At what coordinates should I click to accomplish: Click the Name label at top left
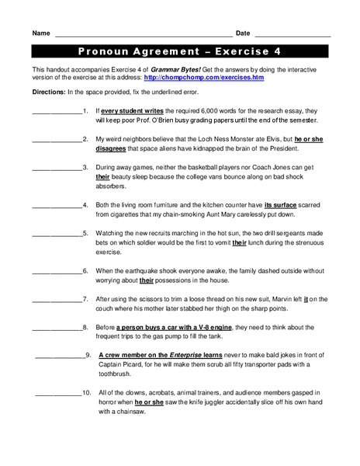[41, 33]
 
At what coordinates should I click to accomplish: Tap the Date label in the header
[243, 33]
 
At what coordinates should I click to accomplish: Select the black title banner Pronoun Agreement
[180, 53]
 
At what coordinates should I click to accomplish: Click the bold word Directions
[50, 92]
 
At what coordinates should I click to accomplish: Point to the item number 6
[85, 270]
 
